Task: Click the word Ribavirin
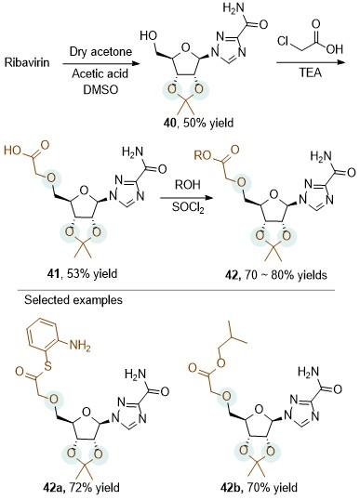[27, 62]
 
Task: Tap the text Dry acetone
[100, 52]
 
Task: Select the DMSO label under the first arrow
[100, 89]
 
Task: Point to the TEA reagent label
[310, 72]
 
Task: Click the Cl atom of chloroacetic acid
[284, 41]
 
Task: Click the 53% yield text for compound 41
[92, 273]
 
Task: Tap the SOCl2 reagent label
[188, 208]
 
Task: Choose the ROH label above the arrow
[188, 184]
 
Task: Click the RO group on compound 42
[203, 155]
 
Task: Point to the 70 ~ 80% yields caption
[286, 275]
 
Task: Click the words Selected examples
[73, 300]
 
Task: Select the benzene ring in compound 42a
[44, 338]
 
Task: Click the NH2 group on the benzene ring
[79, 346]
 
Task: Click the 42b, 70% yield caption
[259, 488]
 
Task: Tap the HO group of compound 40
[148, 35]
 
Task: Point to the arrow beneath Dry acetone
[101, 63]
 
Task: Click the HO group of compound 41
[13, 151]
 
